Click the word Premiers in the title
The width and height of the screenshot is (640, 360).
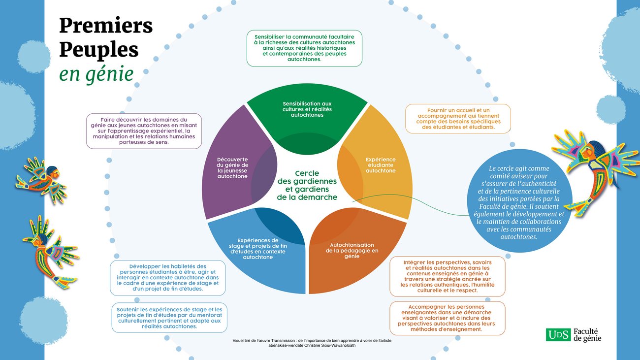[106, 26]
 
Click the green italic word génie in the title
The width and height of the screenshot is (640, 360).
[110, 74]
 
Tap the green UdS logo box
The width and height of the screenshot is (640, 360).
[558, 335]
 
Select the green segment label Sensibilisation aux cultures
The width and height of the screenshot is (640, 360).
[307, 109]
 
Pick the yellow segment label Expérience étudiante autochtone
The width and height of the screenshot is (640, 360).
[381, 165]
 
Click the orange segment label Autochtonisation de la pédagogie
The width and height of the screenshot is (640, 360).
[352, 251]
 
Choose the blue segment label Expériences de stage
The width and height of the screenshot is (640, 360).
[257, 249]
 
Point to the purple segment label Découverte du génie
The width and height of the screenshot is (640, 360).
[232, 168]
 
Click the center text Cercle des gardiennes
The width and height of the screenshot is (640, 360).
[307, 185]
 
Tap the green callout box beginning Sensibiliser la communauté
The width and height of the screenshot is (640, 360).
[304, 48]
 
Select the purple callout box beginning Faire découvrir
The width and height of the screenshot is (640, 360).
[144, 131]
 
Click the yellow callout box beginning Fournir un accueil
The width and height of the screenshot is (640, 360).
[458, 119]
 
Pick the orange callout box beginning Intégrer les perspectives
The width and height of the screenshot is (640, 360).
[448, 276]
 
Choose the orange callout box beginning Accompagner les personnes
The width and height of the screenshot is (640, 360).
[448, 318]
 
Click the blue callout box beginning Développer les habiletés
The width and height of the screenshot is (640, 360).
[168, 278]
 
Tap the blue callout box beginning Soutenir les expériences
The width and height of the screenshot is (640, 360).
[169, 318]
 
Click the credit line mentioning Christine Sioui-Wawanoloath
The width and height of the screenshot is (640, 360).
[312, 343]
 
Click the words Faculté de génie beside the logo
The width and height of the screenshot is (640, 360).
[587, 335]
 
